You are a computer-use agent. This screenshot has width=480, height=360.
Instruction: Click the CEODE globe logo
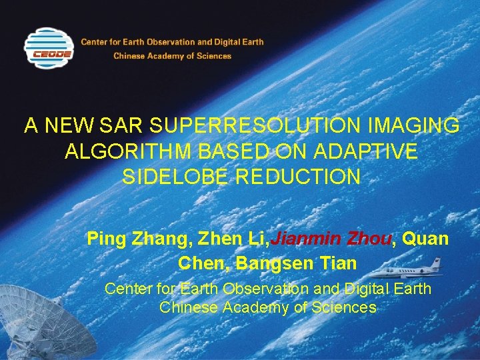[49, 49]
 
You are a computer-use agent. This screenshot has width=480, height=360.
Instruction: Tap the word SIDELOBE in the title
[173, 177]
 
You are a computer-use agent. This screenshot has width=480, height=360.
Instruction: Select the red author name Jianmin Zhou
[331, 239]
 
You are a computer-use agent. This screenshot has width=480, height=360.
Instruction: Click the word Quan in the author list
[426, 239]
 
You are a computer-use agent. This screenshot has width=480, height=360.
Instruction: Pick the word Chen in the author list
[199, 263]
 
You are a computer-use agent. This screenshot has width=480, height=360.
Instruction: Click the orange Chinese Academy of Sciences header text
[172, 56]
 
